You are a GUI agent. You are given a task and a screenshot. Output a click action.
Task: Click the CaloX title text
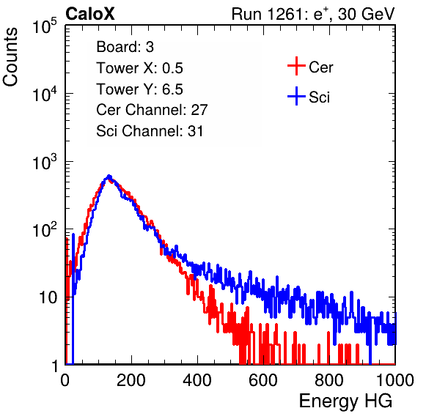(89, 14)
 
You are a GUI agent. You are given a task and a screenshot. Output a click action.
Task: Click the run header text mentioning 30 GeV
(313, 14)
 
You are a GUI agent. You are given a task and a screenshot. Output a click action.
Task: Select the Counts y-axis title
(10, 57)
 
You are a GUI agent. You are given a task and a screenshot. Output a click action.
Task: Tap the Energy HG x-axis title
(345, 401)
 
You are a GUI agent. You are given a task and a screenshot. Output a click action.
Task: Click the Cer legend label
(320, 67)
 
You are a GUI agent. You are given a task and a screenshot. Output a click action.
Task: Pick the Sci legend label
(319, 97)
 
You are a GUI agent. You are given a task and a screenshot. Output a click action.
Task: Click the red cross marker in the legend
(296, 66)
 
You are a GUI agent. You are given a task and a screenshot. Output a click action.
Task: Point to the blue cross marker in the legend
(296, 96)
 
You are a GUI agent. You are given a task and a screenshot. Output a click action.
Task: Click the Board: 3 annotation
(125, 47)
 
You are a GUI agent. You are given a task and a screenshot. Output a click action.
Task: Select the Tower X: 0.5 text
(139, 68)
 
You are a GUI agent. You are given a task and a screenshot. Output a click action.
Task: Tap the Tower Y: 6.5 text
(139, 89)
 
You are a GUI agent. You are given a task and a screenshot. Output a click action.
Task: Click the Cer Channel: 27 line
(152, 110)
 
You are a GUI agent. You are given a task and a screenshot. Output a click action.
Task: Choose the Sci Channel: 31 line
(150, 131)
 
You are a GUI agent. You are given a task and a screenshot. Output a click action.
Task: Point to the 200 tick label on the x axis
(131, 380)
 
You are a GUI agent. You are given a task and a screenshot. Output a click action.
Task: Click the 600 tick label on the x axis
(263, 380)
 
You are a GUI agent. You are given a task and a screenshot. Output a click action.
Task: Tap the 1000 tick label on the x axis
(395, 380)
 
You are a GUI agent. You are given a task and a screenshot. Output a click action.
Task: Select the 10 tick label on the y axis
(48, 297)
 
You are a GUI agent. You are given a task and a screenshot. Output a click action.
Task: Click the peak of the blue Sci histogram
(109, 177)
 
